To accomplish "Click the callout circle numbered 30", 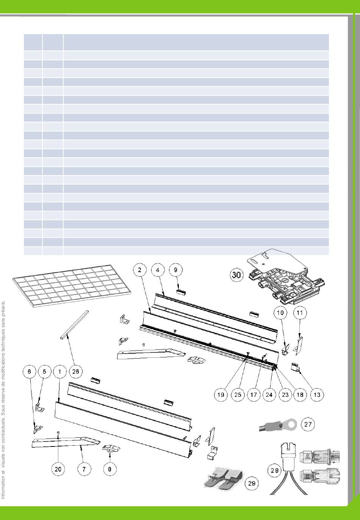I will point(236,274).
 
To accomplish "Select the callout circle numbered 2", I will point(140,270).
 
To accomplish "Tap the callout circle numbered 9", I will point(175,270).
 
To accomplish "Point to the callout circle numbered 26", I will point(75,371).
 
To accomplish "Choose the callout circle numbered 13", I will point(317,395).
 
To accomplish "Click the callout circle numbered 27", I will point(307,424).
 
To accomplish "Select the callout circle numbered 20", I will point(58,469).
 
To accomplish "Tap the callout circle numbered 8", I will point(110,469).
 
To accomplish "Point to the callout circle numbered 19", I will point(221,395).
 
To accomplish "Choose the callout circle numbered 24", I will point(269,395).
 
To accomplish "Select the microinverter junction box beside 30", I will point(286,277).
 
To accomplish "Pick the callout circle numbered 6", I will point(29,371).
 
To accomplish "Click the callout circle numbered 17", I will point(254,395).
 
